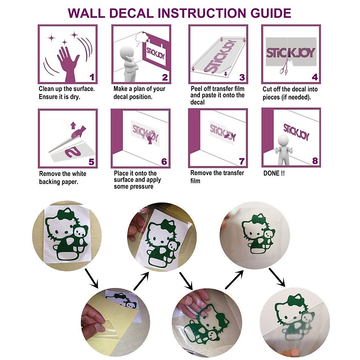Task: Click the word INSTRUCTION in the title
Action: (201, 13)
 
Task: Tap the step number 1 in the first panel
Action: (91, 77)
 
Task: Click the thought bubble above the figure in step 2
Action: (140, 38)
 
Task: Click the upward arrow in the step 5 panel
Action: (73, 125)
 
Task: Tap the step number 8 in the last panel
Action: (315, 161)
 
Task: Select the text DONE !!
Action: (274, 173)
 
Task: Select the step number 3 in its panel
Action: (242, 77)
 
